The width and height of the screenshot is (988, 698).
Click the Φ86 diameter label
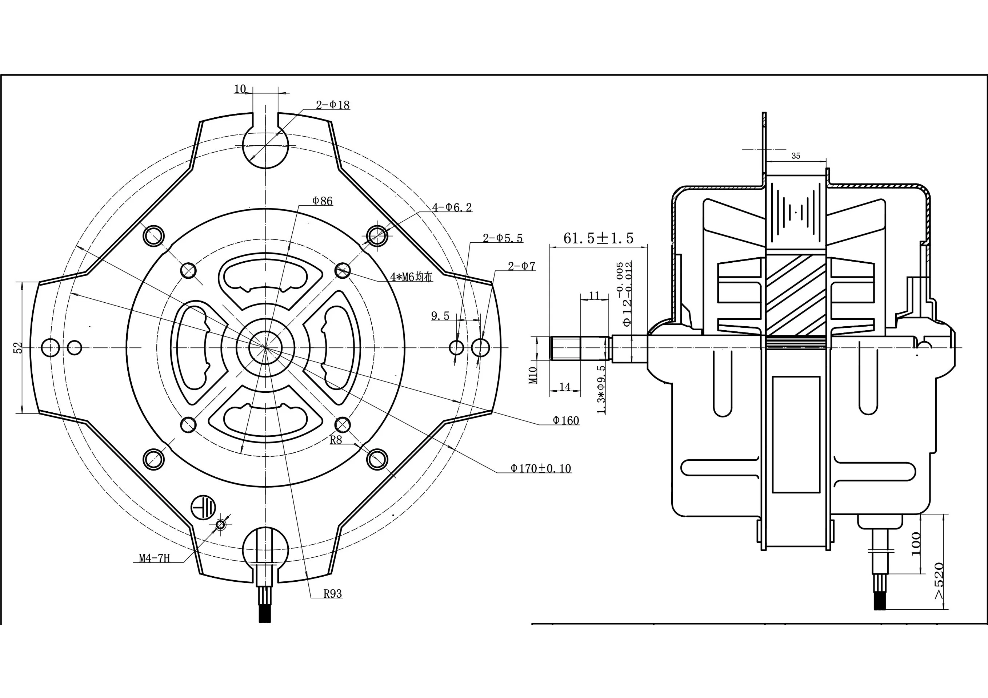[x=322, y=201]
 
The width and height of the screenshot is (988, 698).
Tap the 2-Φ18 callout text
[x=333, y=105]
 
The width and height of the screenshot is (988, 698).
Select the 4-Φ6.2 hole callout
[x=452, y=207]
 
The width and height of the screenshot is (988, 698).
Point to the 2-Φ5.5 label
[x=503, y=238]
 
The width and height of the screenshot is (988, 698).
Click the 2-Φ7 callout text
[x=521, y=266]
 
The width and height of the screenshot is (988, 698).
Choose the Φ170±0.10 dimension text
[x=541, y=468]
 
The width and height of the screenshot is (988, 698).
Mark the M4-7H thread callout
[x=155, y=558]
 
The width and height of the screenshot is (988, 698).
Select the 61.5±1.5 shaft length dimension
[x=599, y=238]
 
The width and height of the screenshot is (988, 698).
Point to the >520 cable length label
[x=939, y=581]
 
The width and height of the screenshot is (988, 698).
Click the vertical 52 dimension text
[x=18, y=347]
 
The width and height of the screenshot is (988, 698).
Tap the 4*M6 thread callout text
[x=411, y=277]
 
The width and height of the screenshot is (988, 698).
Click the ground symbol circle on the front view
[x=203, y=508]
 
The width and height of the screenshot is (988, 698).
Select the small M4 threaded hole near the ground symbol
[x=221, y=525]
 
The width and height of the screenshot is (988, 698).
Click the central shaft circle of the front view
[x=265, y=347]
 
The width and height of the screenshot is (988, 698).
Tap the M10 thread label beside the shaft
[x=533, y=375]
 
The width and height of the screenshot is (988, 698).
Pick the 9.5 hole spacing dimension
[x=440, y=316]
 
